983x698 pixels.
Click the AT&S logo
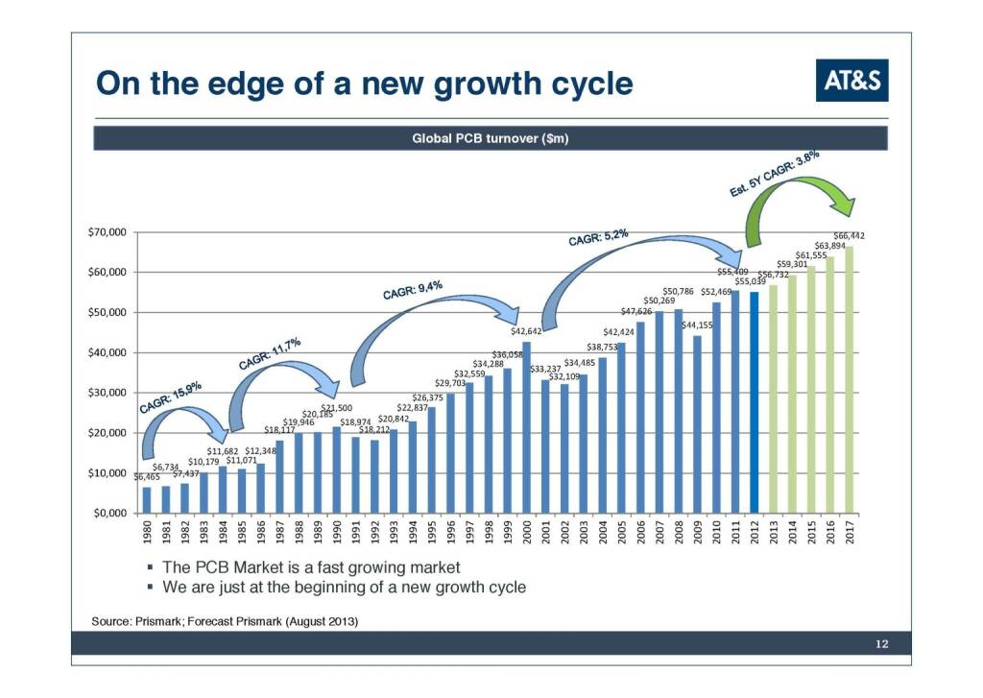pos(851,81)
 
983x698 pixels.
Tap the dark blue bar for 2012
pos(754,402)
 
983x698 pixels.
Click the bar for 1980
pos(147,499)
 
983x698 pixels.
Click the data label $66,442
pos(850,235)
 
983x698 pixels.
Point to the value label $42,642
pos(527,331)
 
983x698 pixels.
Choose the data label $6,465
pos(147,476)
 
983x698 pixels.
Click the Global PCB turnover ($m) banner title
pos(491,138)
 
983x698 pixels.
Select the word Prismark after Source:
pos(159,622)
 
